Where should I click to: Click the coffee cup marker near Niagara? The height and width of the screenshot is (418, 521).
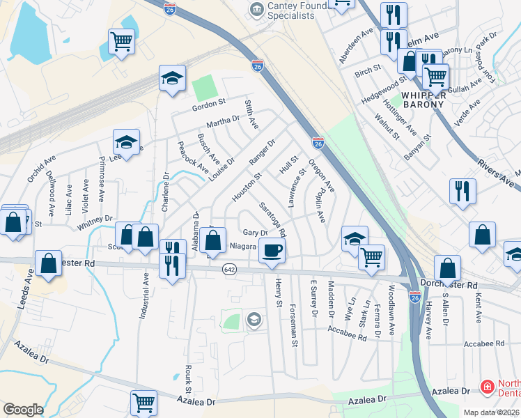[x=272, y=251]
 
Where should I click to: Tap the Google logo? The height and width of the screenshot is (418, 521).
[x=23, y=410]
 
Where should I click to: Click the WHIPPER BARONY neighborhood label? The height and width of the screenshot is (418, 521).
[x=423, y=99]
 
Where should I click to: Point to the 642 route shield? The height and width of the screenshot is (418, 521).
[x=228, y=269]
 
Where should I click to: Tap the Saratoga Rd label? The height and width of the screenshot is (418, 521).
[x=272, y=219]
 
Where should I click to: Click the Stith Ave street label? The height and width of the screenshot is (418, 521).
[x=251, y=114]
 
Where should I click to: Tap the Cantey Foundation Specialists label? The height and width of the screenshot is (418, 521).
[x=293, y=11]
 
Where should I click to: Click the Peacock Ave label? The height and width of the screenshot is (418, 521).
[x=193, y=157]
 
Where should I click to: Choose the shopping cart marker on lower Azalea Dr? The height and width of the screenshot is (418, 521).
[x=143, y=402]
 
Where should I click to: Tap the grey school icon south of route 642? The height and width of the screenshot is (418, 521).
[x=254, y=320]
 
